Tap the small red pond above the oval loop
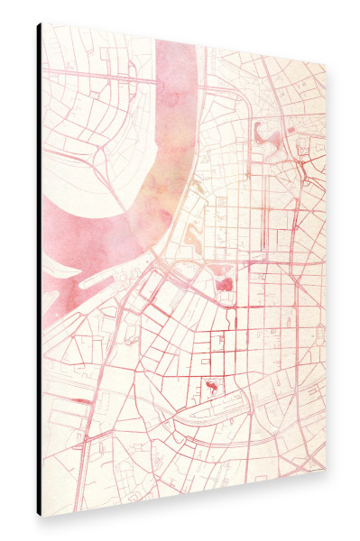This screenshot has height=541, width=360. pos(211,386)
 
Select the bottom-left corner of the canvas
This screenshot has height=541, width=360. pos(42,516)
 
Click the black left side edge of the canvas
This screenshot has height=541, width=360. pos(39,270)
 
